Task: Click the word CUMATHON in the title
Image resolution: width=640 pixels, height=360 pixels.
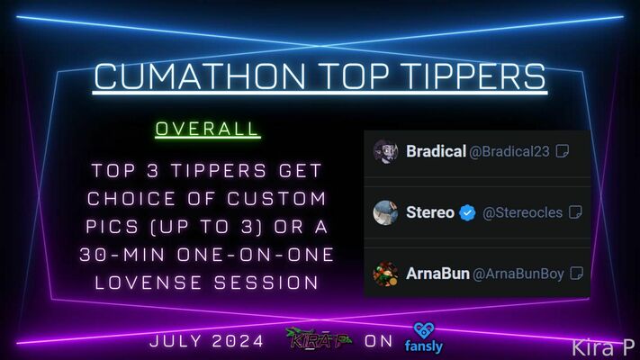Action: click(200, 76)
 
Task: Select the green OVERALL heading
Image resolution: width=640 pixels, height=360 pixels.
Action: click(207, 129)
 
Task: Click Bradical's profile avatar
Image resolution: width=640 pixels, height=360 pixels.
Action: click(386, 151)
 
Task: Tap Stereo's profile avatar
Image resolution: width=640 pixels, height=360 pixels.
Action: click(386, 212)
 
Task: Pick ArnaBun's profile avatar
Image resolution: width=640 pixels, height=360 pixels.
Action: click(386, 274)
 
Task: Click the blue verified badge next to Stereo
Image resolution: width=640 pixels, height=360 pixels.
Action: click(467, 212)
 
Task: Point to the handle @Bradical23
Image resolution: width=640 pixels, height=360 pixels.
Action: click(509, 152)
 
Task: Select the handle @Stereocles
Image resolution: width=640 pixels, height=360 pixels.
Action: click(522, 212)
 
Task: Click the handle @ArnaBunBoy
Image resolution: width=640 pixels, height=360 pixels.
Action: click(518, 274)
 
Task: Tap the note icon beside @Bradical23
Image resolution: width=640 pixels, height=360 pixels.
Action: click(563, 151)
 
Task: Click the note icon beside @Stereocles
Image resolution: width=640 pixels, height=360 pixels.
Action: click(575, 212)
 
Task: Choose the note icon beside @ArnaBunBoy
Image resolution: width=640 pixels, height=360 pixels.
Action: click(576, 274)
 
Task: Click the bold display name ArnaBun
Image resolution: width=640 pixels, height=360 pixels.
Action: click(437, 274)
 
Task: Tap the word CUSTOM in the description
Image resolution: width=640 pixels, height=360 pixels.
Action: click(276, 199)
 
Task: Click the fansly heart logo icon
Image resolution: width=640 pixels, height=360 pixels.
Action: click(424, 330)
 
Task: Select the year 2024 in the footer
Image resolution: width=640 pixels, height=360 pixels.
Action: click(238, 341)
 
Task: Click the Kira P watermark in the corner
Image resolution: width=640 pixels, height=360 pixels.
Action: click(603, 347)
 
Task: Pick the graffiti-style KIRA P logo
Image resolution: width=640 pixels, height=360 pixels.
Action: click(319, 339)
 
